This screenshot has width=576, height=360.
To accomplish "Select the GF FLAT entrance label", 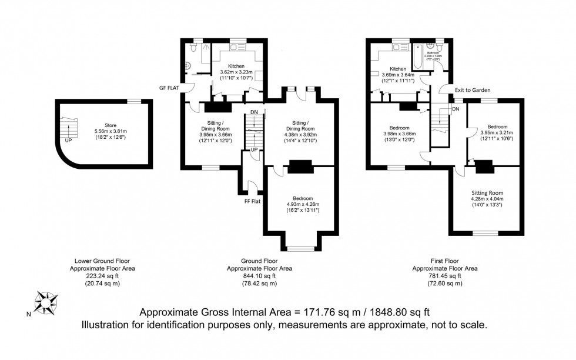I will coord(169,88).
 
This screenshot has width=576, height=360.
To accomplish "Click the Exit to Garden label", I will coord(473,90).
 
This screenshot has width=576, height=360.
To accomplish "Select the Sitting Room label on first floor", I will coord(487,192).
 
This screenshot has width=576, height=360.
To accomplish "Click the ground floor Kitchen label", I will coord(236,66).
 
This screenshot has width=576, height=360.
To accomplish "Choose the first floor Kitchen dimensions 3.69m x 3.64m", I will coord(398,75).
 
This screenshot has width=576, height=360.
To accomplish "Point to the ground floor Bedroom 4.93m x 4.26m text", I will coord(303,204).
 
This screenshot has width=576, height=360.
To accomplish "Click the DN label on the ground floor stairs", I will coord(253,112).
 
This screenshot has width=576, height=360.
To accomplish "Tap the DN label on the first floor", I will coord(456,109).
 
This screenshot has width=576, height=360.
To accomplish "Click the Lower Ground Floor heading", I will coord(102,261).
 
